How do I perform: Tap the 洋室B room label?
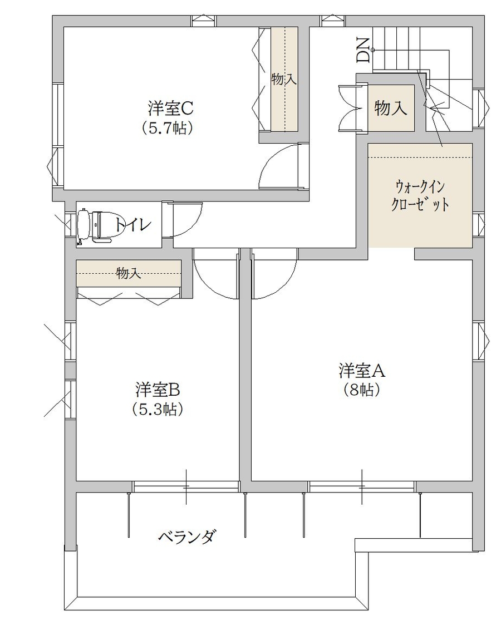click(158, 390)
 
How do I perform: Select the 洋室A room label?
click(362, 371)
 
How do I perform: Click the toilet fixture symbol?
click(95, 225)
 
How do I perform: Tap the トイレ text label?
click(133, 225)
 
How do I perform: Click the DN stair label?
click(364, 50)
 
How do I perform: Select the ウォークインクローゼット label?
click(420, 195)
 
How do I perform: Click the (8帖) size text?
click(362, 390)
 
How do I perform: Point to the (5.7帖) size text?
click(168, 128)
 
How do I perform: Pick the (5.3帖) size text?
click(158, 410)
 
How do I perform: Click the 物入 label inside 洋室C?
click(284, 80)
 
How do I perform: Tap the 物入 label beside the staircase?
click(391, 108)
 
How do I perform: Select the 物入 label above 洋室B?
click(129, 273)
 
